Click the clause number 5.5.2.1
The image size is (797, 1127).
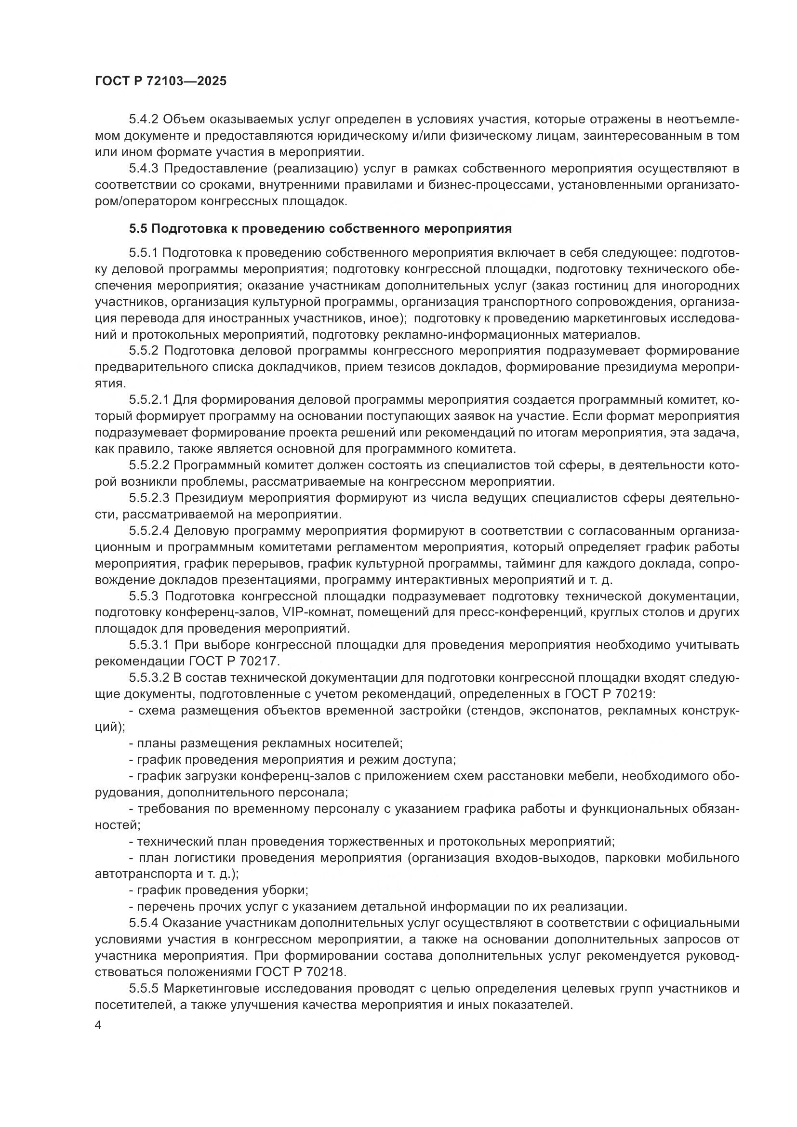click(x=149, y=400)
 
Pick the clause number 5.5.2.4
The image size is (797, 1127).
click(x=149, y=531)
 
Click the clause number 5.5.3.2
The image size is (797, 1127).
click(x=149, y=678)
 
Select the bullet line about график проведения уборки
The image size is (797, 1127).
click(x=218, y=890)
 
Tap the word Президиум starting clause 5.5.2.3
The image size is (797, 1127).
click(x=209, y=498)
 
